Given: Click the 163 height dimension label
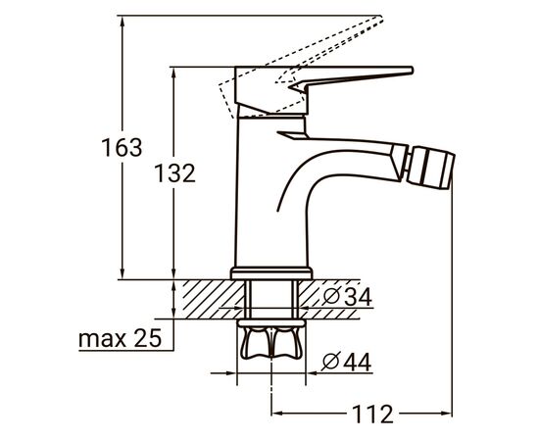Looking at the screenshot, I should coord(122,149).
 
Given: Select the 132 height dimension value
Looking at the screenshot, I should coord(175,173).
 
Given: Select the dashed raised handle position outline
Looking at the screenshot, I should coord(314,49).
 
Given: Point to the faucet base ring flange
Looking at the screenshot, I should coord(271,273).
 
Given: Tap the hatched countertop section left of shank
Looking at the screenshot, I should coord(206,297).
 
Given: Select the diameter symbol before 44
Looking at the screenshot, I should coord(330,362).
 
